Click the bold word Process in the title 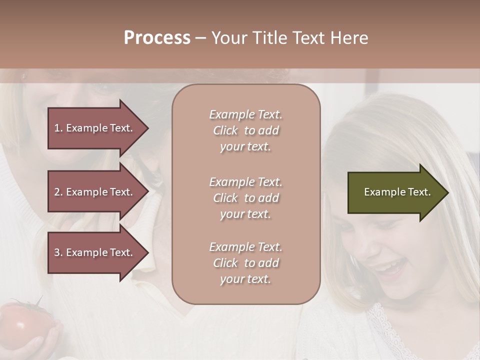[157, 38]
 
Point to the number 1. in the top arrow [58, 128]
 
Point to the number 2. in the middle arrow [58, 192]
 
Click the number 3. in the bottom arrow [58, 252]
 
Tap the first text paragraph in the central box [245, 130]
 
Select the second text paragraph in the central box [245, 198]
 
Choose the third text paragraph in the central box [245, 263]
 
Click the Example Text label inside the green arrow [397, 192]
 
